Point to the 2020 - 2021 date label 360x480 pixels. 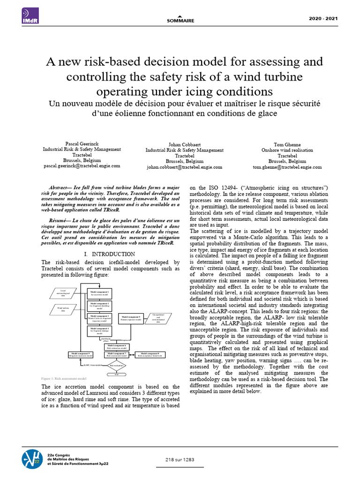pyautogui.click(x=324, y=18)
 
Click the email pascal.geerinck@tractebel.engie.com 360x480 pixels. pyautogui.click(x=82, y=166)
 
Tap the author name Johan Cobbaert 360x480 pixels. pyautogui.click(x=185, y=144)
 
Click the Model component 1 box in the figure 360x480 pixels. pyautogui.click(x=99, y=293)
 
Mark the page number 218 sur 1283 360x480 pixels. pyautogui.click(x=180, y=459)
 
